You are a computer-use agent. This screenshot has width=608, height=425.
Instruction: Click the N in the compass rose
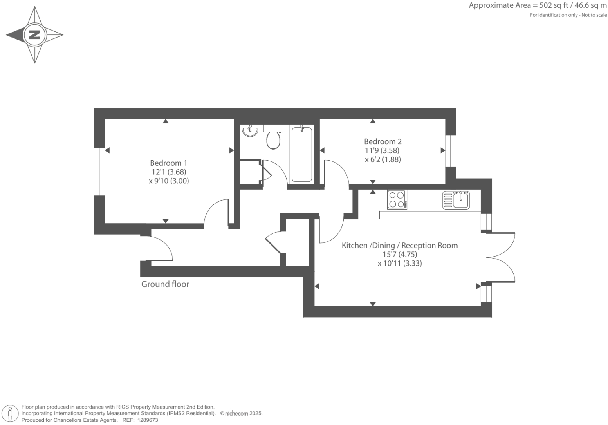point(35,35)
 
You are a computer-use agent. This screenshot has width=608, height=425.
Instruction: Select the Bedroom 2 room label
point(382,142)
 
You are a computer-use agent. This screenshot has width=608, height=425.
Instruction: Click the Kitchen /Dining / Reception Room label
point(399,246)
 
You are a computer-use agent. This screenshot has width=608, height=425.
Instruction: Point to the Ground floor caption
point(165,284)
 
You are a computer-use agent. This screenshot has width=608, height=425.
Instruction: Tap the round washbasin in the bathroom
point(250,130)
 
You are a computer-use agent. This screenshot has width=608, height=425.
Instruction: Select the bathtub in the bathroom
point(301,154)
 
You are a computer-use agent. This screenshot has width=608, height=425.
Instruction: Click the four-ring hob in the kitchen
point(397,199)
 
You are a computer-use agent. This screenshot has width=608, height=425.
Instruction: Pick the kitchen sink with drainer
point(456,200)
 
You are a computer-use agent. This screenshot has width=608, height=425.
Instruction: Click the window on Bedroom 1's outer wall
point(99,172)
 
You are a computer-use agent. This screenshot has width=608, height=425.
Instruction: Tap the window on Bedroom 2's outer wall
point(451,151)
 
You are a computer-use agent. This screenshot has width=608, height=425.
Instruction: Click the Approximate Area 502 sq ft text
point(538,5)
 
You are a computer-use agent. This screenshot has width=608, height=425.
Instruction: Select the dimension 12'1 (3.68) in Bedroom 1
point(169,172)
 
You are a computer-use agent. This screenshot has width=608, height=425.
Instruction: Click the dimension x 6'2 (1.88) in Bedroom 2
point(382,160)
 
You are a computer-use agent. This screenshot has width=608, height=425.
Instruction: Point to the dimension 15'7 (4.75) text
point(399,255)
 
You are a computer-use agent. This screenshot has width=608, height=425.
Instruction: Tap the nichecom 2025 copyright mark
point(241,414)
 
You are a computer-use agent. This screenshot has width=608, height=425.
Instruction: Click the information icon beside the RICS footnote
point(10,414)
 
